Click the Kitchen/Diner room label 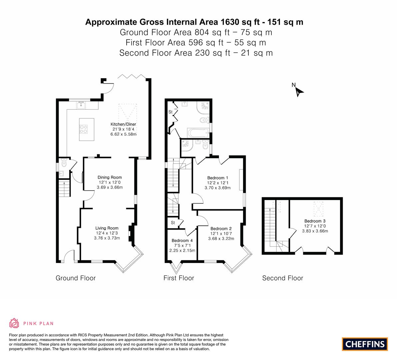(123, 124)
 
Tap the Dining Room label (110, 177)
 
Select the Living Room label (107, 228)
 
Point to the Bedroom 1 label (218, 178)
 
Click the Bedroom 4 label (182, 241)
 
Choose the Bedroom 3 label (315, 221)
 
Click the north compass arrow (299, 92)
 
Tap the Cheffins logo (365, 344)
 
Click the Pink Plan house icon (14, 323)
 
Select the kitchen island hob (84, 129)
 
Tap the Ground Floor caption (76, 278)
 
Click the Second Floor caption (283, 278)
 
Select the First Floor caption (179, 278)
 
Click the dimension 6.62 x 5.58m (123, 134)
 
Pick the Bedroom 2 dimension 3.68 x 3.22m (221, 239)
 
